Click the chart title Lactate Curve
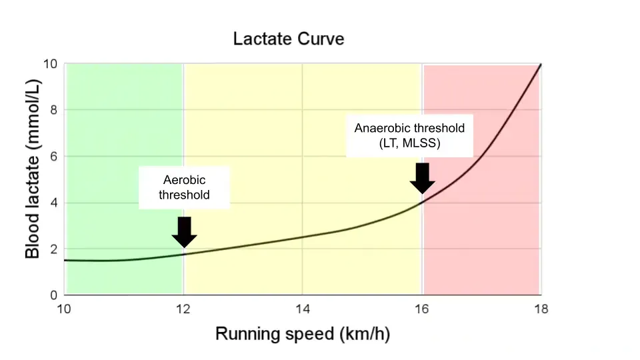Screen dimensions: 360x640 [x=289, y=39]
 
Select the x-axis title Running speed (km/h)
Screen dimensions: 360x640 [x=302, y=334]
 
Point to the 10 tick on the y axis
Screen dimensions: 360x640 [x=51, y=64]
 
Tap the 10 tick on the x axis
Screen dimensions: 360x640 [x=64, y=309]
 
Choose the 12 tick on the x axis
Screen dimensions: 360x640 [x=183, y=309]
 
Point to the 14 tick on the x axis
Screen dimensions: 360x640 [x=302, y=309]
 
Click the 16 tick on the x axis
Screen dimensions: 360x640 [x=421, y=309]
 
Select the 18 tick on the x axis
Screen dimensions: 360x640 [x=540, y=309]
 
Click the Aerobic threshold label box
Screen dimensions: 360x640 [x=185, y=187]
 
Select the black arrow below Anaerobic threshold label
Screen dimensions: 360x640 [x=422, y=178]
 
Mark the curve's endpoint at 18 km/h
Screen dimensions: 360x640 [x=540, y=65]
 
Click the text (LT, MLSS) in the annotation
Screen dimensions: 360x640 [x=409, y=143]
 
